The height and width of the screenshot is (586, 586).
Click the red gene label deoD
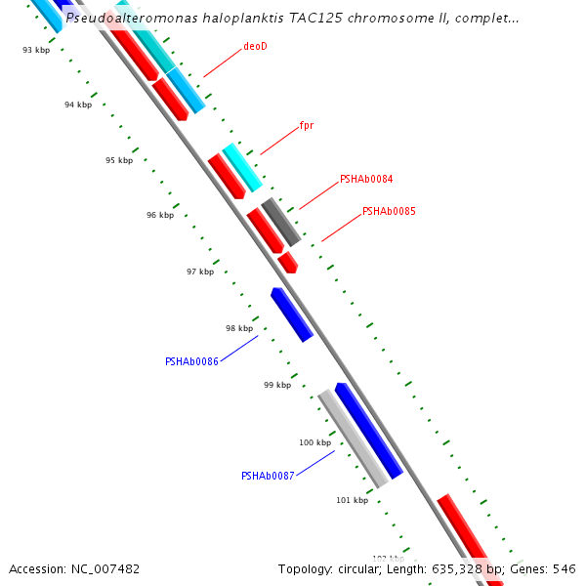pos(255,46)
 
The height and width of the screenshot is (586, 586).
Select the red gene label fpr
pos(306,126)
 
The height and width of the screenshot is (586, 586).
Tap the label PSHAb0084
pos(366,180)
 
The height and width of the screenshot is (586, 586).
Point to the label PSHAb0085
pos(389,211)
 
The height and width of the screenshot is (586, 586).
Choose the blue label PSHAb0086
pos(191,361)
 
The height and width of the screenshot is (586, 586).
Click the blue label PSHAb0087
pos(268,477)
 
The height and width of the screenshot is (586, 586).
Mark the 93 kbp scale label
pos(36,50)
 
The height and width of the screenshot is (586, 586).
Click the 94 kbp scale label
pos(78,105)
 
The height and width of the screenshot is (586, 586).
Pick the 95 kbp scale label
pos(119,160)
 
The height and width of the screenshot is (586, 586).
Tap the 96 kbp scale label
pos(160,215)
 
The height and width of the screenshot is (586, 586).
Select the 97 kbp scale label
pos(200,272)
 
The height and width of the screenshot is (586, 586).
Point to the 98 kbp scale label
pos(239,328)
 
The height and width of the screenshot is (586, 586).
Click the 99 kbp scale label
pos(277,385)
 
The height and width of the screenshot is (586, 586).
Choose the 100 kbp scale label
pos(315,442)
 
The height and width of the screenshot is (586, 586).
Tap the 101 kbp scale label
pos(353,500)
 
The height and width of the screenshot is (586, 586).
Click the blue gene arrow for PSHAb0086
pos(292,314)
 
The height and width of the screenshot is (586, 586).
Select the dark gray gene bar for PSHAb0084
pos(281,222)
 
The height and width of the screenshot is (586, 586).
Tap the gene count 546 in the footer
pos(565,568)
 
